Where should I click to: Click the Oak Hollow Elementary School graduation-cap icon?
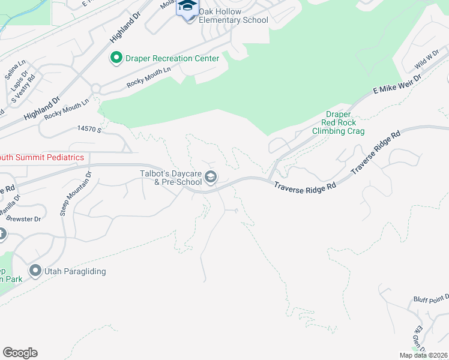[188, 7]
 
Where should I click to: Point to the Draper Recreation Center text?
[172, 58]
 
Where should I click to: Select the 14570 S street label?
[90, 129]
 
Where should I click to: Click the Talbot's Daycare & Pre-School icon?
[211, 177]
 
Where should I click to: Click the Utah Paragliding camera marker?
[35, 271]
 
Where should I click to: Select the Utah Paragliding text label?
[76, 271]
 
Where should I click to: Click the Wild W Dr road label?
[426, 61]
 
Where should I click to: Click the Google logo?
[20, 353]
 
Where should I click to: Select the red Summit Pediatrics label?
[42, 157]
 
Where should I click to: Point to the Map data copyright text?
[423, 355]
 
